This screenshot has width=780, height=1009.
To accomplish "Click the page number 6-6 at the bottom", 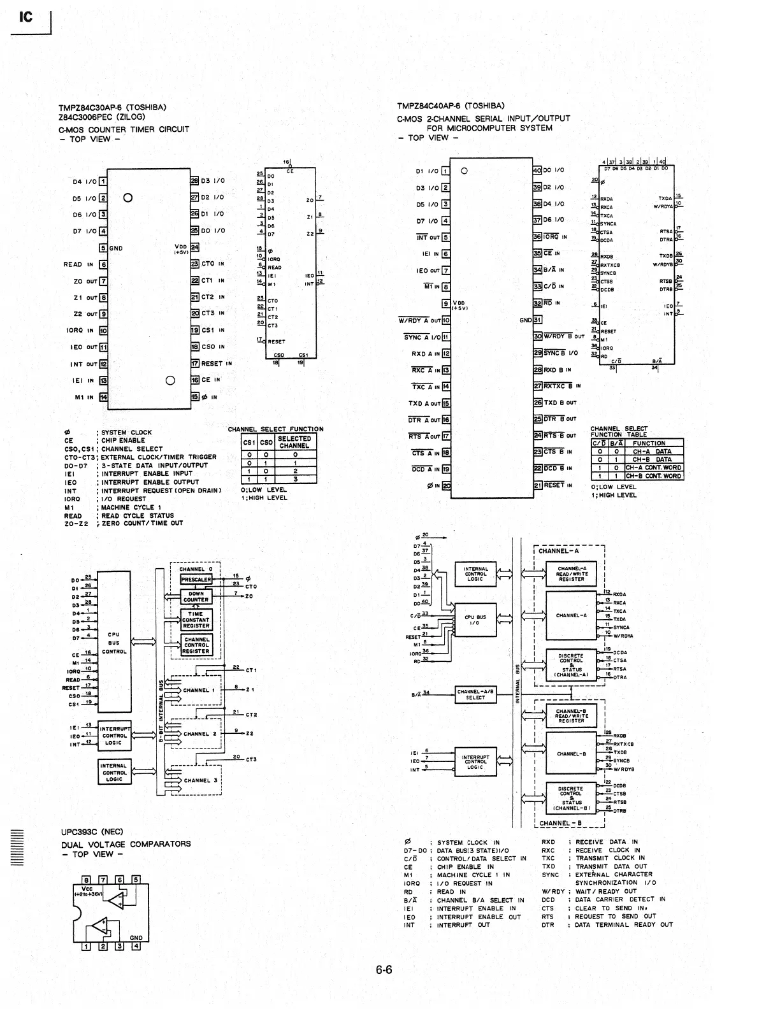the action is pos(384,971).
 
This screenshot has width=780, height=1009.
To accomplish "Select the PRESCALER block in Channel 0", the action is pos(196,580).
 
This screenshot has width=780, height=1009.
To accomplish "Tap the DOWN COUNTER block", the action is pos(196,596).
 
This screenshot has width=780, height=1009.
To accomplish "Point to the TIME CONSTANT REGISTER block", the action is pos(196,620).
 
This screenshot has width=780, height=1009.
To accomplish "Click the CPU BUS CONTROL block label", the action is pos(113,643).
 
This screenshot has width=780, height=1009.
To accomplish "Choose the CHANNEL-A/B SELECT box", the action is pos(475,694).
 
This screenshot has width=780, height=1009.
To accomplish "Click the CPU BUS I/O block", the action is pos(475,620).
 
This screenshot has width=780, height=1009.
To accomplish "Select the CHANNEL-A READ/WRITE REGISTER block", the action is pos(572,574).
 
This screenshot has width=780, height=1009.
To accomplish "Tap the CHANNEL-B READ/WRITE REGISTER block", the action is pos(572,716).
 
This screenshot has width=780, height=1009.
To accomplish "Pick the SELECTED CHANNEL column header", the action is pos(294,442).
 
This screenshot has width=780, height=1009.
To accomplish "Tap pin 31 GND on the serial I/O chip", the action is pos(537,320).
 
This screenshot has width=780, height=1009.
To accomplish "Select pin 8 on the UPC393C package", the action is pos(87,880).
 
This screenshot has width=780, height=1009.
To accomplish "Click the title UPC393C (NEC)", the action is pos(92,832).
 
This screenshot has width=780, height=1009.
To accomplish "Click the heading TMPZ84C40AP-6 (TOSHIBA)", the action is pos(451,106).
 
